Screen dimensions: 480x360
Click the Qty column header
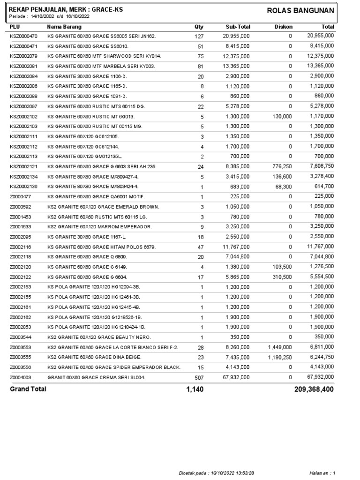pos(199,27)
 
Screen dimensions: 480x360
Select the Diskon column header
pos(283,27)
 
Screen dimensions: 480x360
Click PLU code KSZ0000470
pos(24,36)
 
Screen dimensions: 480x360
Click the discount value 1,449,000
pos(280,347)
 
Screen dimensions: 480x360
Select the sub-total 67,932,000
pos(238,377)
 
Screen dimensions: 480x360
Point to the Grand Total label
pos(28,389)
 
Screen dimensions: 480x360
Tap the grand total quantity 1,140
pos(195,389)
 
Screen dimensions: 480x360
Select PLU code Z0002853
pos(21,327)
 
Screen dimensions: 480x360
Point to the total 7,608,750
pos(321,166)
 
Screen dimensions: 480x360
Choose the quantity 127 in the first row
pos(199,36)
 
